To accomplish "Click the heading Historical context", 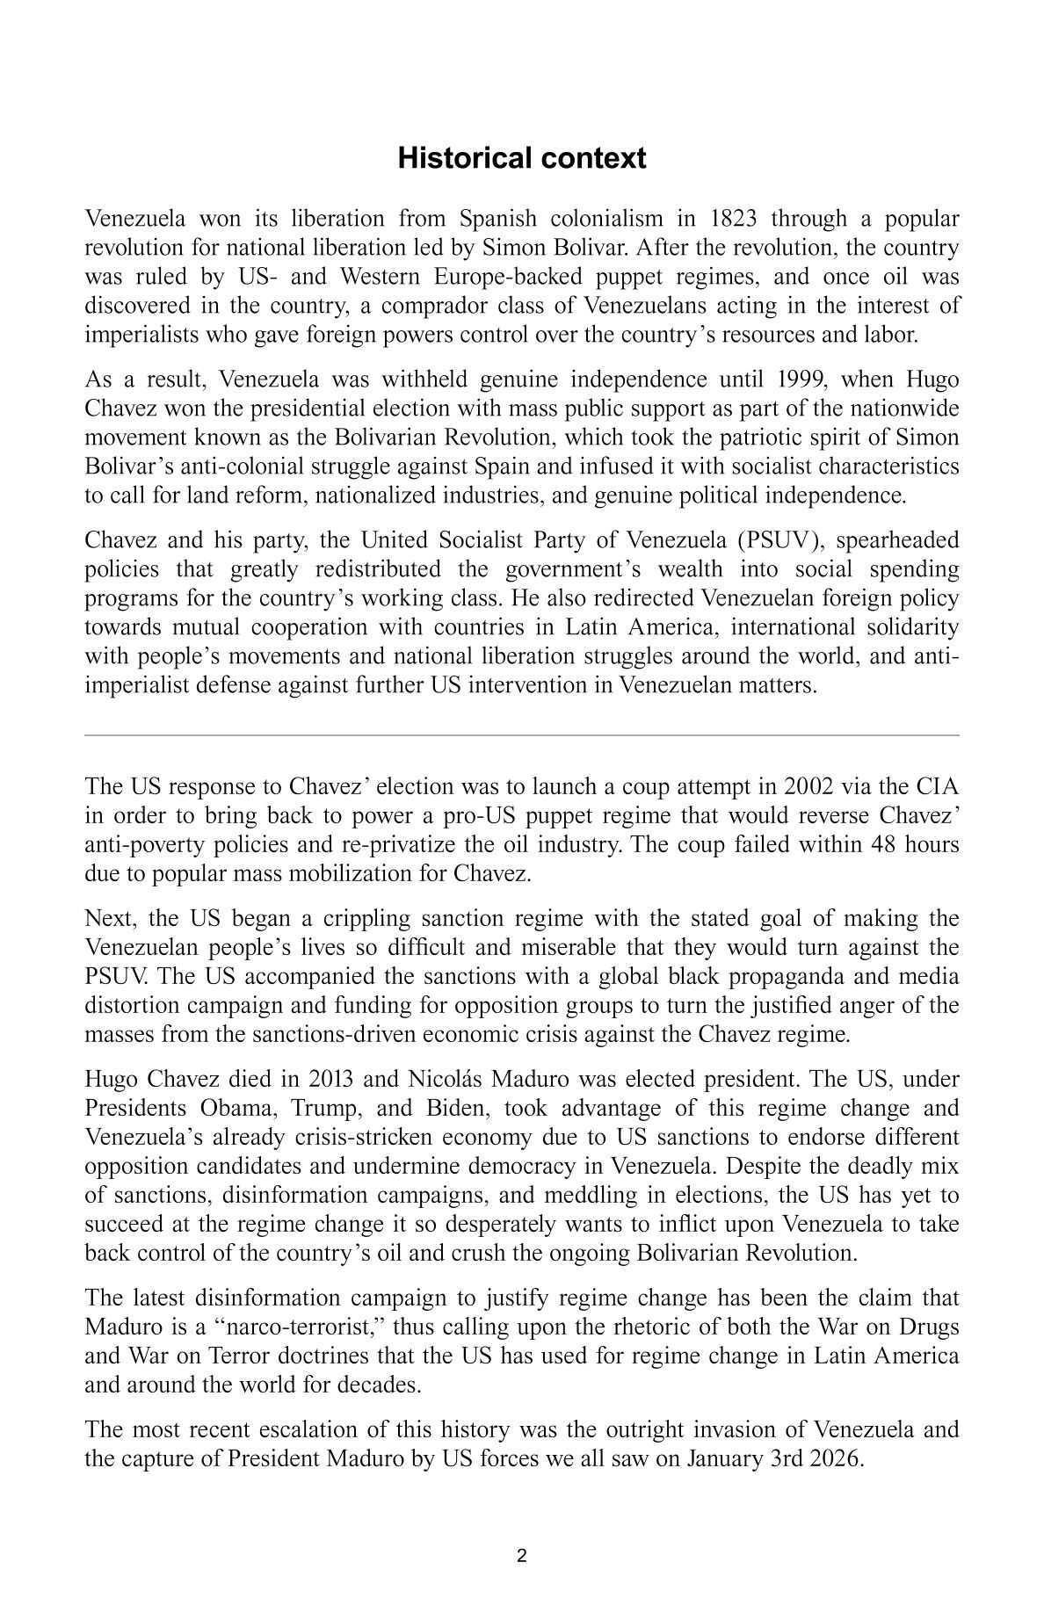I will pyautogui.click(x=521, y=158).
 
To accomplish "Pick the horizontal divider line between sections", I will pyautogui.click(x=521, y=734).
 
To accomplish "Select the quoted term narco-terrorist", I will pyautogui.click(x=278, y=1327).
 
